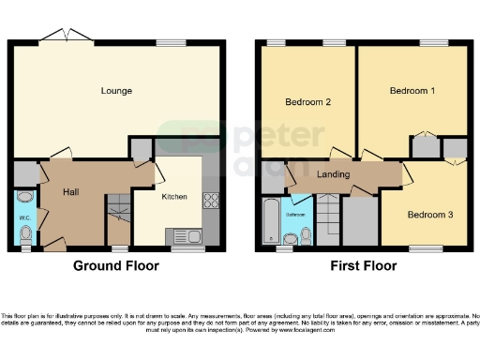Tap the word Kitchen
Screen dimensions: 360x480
click(175, 197)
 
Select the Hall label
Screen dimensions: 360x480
click(70, 191)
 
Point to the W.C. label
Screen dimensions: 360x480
click(24, 219)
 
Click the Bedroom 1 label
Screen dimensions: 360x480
click(412, 91)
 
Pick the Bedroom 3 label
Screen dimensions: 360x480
click(429, 215)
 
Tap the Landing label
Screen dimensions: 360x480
click(333, 174)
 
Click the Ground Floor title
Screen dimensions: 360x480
click(116, 266)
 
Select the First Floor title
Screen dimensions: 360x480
click(362, 266)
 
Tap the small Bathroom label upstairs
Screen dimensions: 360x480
click(295, 216)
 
